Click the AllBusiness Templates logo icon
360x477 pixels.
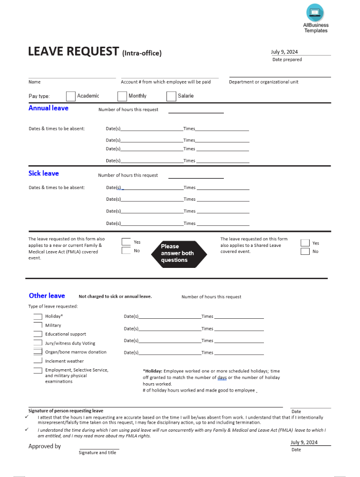tap(315, 12)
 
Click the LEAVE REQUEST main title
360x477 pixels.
tap(73, 51)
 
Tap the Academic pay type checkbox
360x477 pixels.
tap(70, 96)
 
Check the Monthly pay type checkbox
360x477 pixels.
tap(122, 96)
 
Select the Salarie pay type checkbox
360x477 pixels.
tap(171, 96)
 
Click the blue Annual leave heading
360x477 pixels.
tap(48, 108)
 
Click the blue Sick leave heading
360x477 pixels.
tap(44, 174)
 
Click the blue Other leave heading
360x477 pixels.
tap(47, 296)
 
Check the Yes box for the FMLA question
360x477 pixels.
tap(126, 242)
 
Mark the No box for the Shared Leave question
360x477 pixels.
tap(305, 252)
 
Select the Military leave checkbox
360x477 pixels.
tap(38, 326)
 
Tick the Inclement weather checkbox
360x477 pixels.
tap(38, 361)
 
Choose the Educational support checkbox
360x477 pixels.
tap(38, 334)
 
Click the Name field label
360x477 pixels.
tap(35, 82)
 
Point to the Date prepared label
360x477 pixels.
tap(287, 60)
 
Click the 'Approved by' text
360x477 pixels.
tap(45, 446)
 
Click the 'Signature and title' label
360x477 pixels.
tap(97, 453)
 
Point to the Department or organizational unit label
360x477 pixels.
tap(263, 82)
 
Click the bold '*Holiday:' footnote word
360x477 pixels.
tap(153, 371)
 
